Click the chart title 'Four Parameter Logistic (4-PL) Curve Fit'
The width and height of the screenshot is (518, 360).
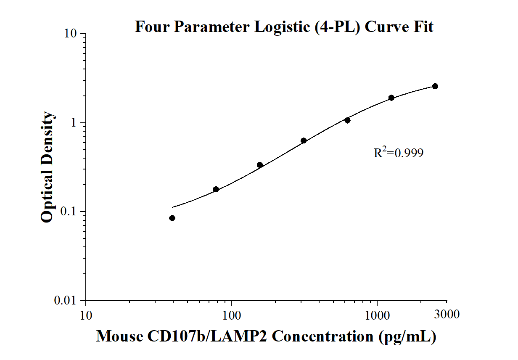pyautogui.click(x=284, y=27)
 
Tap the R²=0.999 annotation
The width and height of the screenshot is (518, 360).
pyautogui.click(x=398, y=153)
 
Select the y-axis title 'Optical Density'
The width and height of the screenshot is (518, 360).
pyautogui.click(x=48, y=167)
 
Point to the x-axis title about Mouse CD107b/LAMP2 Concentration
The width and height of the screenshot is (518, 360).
pyautogui.click(x=266, y=336)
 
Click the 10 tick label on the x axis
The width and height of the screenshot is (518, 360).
pyautogui.click(x=86, y=314)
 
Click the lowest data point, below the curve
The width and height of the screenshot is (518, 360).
pyautogui.click(x=172, y=218)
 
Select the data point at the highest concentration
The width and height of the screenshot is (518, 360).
pyautogui.click(x=435, y=86)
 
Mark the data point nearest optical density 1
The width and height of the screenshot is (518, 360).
pyautogui.click(x=347, y=120)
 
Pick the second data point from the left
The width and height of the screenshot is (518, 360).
pyautogui.click(x=216, y=189)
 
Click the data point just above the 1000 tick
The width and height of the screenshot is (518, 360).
pyautogui.click(x=391, y=98)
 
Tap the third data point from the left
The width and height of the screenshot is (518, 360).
pyautogui.click(x=260, y=165)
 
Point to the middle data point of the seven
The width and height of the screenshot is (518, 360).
pyautogui.click(x=304, y=140)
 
